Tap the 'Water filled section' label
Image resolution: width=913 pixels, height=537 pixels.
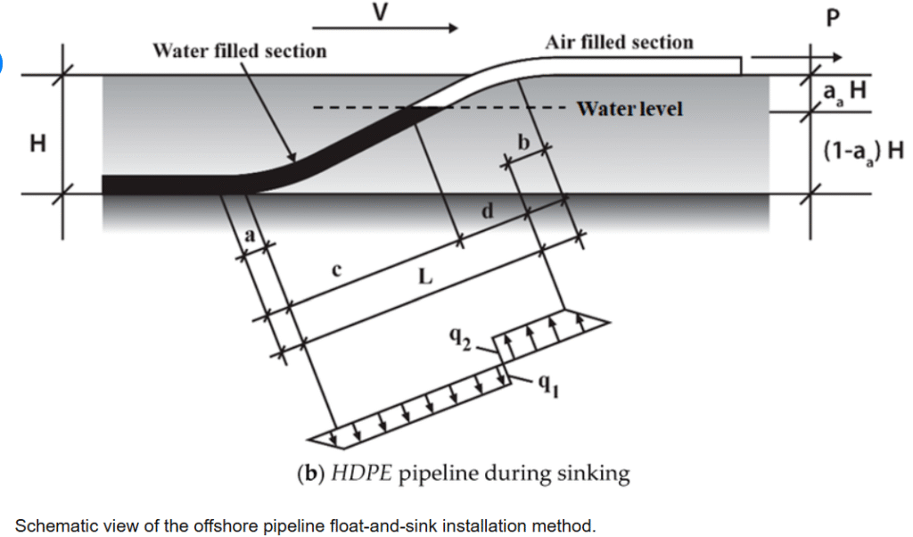click(240, 51)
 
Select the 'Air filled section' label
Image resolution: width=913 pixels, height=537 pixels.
click(619, 42)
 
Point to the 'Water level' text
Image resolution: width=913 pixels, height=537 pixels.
click(629, 109)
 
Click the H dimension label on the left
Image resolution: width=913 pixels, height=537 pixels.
click(37, 143)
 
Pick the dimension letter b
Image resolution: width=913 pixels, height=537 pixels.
click(522, 143)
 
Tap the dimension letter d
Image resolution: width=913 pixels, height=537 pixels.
click(487, 212)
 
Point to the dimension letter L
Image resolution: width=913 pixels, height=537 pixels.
click(425, 277)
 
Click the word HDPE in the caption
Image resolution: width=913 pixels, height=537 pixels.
click(360, 474)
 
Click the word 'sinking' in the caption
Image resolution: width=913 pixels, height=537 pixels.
click(599, 474)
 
